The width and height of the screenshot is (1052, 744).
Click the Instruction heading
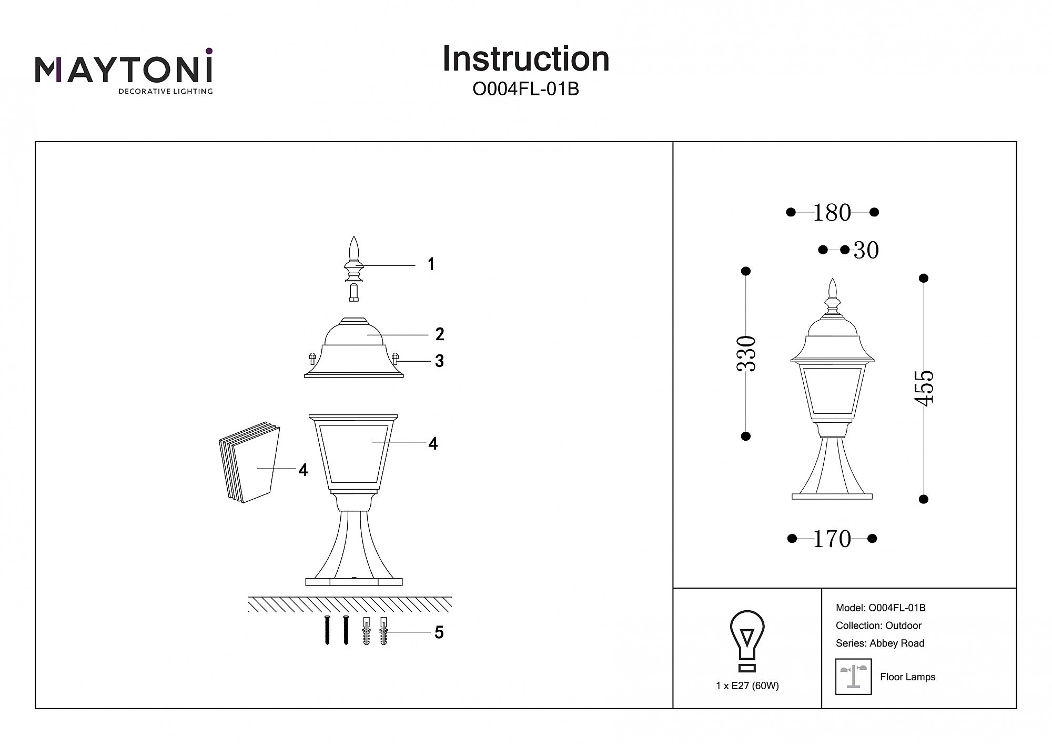[525, 58]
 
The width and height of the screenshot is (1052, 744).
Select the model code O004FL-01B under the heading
[525, 90]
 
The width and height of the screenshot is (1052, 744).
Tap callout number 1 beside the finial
[431, 264]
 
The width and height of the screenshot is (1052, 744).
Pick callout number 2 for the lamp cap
[440, 334]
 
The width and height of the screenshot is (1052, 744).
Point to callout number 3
[439, 361]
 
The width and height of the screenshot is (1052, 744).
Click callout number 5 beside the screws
[439, 632]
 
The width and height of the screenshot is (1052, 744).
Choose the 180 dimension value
[832, 213]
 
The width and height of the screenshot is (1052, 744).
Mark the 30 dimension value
[866, 251]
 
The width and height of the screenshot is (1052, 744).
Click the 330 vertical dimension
[747, 353]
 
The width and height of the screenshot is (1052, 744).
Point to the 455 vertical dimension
[924, 388]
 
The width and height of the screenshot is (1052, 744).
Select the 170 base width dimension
[832, 539]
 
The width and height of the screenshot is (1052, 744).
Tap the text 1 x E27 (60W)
[747, 686]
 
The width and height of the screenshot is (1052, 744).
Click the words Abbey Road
[897, 643]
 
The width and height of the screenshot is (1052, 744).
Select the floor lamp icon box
[853, 677]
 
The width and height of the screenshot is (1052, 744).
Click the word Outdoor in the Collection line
[903, 626]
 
